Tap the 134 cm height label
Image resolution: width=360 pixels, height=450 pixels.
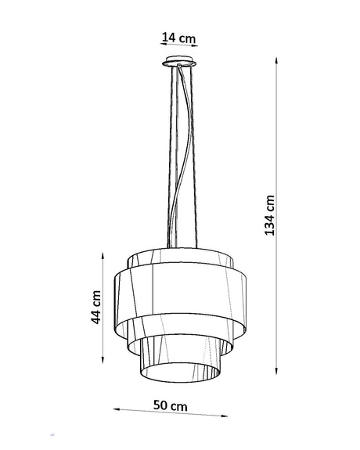(271, 215)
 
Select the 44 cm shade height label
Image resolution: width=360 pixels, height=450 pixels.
(96, 307)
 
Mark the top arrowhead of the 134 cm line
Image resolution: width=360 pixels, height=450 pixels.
(277, 59)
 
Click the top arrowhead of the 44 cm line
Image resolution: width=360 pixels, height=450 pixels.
(104, 254)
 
